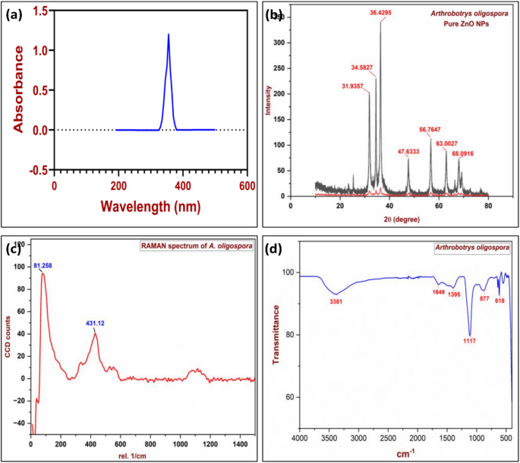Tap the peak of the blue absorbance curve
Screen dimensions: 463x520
point(169,34)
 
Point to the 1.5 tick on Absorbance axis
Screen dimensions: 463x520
point(39,11)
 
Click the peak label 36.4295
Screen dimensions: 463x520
point(384,13)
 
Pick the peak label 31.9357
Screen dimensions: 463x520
point(357,86)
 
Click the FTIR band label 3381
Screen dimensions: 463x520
point(337,301)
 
